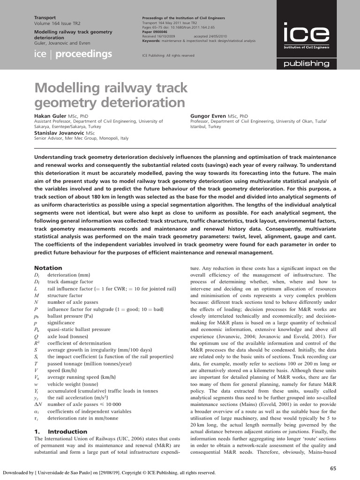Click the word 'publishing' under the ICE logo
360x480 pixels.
pyautogui.click(x=309, y=63)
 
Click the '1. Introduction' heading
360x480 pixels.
pyautogui.click(x=60, y=431)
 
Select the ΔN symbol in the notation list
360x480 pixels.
pyautogui.click(x=38, y=404)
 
